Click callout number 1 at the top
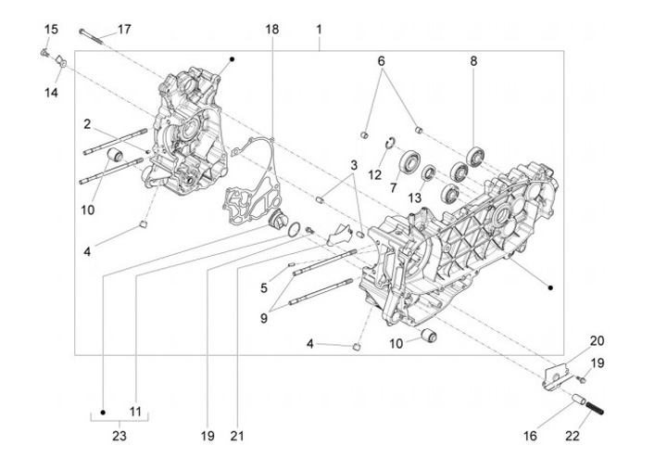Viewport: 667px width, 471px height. pyautogui.click(x=319, y=30)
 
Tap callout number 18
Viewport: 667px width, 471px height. pyautogui.click(x=271, y=30)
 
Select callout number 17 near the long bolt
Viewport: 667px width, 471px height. pyautogui.click(x=123, y=30)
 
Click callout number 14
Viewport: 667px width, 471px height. pyautogui.click(x=51, y=93)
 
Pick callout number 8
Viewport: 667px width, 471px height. pyautogui.click(x=473, y=61)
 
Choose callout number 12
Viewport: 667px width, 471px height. pyautogui.click(x=375, y=174)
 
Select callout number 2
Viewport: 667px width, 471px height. pyautogui.click(x=86, y=124)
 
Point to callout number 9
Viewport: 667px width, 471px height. pyautogui.click(x=264, y=318)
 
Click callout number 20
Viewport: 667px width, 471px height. pyautogui.click(x=597, y=340)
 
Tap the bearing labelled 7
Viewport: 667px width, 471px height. pyautogui.click(x=409, y=165)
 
